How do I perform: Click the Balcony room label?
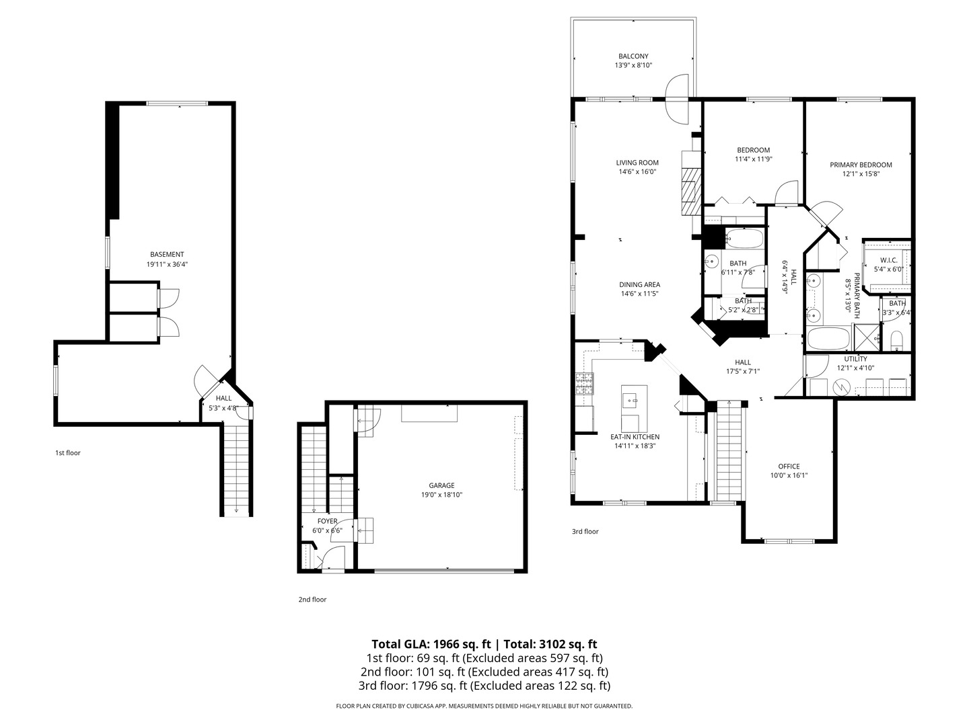click(x=633, y=56)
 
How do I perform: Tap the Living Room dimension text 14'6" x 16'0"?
click(x=637, y=172)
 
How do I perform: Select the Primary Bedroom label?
click(x=861, y=165)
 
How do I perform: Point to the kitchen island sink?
click(x=633, y=401)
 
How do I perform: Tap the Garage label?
click(x=441, y=485)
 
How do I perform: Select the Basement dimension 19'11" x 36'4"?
click(x=167, y=264)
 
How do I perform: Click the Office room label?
click(x=789, y=467)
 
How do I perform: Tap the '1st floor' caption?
click(x=67, y=453)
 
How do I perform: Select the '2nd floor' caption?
click(x=312, y=600)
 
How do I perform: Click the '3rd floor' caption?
click(x=585, y=532)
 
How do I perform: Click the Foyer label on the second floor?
click(x=328, y=521)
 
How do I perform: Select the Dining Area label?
click(x=639, y=284)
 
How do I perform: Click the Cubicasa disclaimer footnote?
click(x=484, y=706)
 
